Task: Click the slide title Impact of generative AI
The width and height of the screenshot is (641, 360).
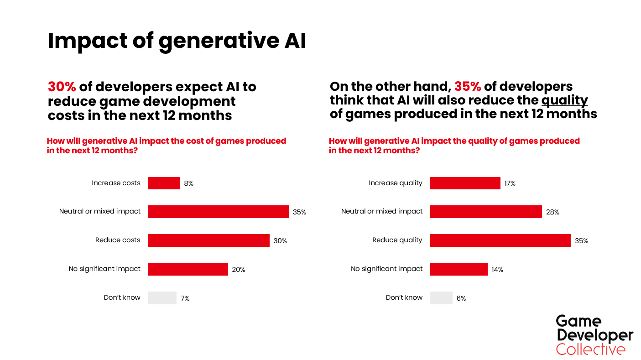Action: click(x=177, y=41)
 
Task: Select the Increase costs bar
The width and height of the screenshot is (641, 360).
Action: click(x=164, y=183)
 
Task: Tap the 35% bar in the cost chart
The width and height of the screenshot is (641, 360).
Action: click(x=218, y=212)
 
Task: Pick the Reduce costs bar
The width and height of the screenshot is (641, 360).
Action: click(x=208, y=240)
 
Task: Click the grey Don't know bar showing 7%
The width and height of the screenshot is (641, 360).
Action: click(x=162, y=298)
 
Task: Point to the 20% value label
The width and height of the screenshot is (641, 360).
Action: click(x=239, y=270)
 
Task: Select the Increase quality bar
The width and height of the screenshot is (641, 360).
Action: click(x=465, y=183)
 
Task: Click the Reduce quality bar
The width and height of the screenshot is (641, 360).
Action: click(x=500, y=240)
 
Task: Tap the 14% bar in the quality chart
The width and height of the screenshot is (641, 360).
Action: click(x=459, y=269)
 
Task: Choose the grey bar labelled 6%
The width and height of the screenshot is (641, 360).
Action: click(x=441, y=298)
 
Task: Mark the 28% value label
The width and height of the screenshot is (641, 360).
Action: click(x=552, y=212)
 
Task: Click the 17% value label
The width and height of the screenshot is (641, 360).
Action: click(x=510, y=183)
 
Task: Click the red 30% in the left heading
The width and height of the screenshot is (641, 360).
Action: click(x=62, y=87)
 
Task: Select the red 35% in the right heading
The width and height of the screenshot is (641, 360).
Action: click(x=468, y=87)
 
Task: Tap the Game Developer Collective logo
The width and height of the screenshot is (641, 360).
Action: click(x=594, y=335)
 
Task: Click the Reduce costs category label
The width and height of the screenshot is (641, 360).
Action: click(x=118, y=240)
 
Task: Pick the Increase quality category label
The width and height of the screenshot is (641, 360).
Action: click(x=396, y=183)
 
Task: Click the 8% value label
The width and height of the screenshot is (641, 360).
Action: click(x=189, y=183)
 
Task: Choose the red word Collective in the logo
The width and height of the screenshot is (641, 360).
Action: click(x=591, y=350)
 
